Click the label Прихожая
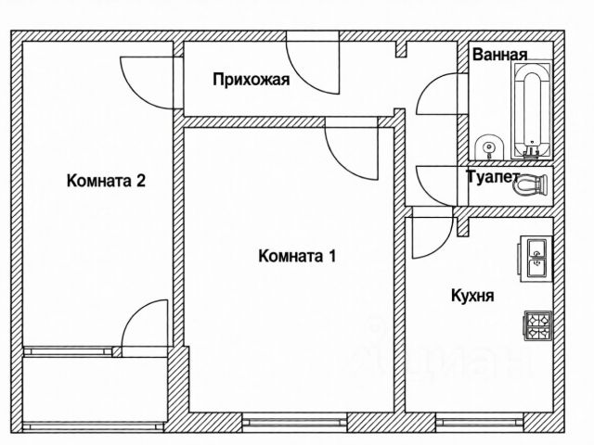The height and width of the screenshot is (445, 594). tap(251, 80)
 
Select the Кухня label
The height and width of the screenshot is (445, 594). tap(471, 297)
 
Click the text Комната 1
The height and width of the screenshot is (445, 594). tap(297, 256)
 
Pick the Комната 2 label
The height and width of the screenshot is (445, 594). tap(107, 181)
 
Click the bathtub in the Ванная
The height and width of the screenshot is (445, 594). tap(532, 110)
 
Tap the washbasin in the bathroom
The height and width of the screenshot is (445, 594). tap(487, 147)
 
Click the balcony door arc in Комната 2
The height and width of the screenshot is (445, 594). tap(146, 325)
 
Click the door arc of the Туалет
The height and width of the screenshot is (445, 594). tap(437, 181)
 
